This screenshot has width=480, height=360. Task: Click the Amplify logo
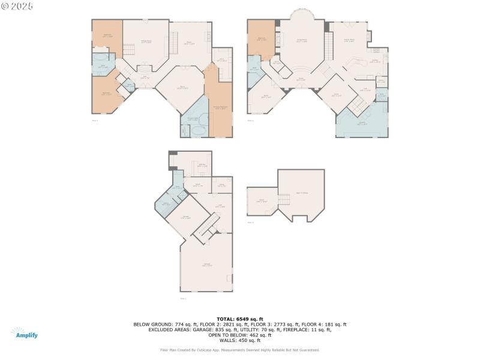tap(24, 333)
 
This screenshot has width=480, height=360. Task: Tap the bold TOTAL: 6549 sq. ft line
tap(239, 319)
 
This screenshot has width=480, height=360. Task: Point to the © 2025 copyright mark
tap(17, 5)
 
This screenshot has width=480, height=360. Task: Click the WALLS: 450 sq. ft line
tap(239, 340)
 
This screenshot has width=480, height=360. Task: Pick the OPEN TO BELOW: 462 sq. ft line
tap(239, 335)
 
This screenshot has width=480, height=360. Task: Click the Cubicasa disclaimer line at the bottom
tap(239, 349)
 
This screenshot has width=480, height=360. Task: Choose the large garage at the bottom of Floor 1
tap(206, 264)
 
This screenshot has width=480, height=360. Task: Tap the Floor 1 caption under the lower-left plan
tap(183, 298)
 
